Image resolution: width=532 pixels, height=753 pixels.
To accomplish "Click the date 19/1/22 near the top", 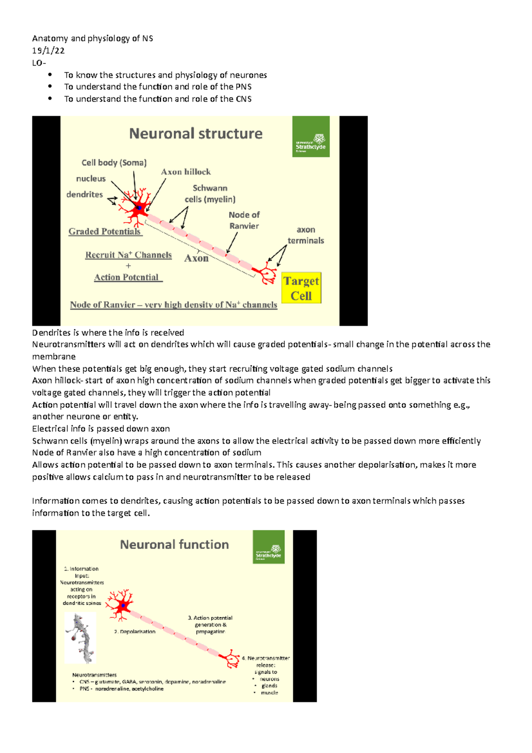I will tap(48, 51).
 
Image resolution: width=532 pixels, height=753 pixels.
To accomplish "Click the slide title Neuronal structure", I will tap(196, 133).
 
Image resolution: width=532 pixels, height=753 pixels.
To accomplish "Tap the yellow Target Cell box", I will tap(301, 288).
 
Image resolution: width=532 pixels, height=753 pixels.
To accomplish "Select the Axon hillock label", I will tap(186, 172).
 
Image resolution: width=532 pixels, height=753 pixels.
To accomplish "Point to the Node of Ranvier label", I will tap(244, 220).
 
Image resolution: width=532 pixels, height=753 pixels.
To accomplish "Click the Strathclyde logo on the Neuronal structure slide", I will tap(311, 137).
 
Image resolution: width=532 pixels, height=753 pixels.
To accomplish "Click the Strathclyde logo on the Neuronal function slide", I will tap(268, 547).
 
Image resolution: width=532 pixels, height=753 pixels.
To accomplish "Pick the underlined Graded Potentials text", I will tap(105, 231).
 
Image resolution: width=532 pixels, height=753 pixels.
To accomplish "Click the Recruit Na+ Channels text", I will tap(128, 255).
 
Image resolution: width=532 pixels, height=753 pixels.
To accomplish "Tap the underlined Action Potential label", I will tap(127, 277).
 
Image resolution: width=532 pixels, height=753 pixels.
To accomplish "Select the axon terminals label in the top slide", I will tap(306, 235).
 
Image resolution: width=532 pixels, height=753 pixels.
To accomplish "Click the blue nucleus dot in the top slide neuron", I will tap(139, 208).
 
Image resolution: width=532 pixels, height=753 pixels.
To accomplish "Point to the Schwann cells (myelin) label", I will tap(210, 194).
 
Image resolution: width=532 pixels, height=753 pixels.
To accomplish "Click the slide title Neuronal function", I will tap(174, 545).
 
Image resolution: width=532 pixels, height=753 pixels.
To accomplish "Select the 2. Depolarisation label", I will tap(135, 631).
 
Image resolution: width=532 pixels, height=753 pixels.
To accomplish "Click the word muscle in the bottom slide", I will tap(269, 693).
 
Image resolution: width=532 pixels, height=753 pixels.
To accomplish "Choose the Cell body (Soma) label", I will tap(114, 163).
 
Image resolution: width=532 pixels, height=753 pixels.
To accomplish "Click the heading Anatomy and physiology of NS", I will tap(93, 39).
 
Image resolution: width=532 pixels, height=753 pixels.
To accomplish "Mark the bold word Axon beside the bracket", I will tap(196, 258).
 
